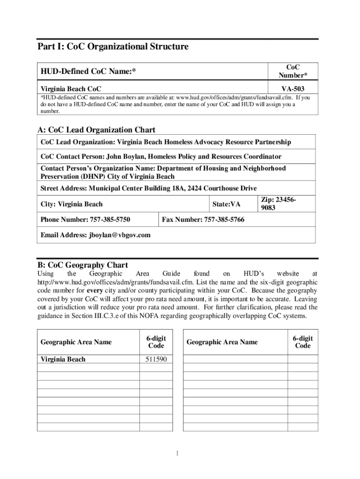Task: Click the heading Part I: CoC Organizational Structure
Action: coord(113,47)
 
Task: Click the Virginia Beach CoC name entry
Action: coord(71,88)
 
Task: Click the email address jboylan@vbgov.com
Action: coord(120,235)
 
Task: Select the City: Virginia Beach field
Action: coord(72,204)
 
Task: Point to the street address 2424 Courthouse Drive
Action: coord(223,188)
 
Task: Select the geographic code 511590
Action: coord(156,359)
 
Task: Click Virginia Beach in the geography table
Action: coord(63,359)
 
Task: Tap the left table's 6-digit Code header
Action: coord(156,342)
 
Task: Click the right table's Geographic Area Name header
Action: coord(222,342)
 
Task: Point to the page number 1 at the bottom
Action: coord(178,453)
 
